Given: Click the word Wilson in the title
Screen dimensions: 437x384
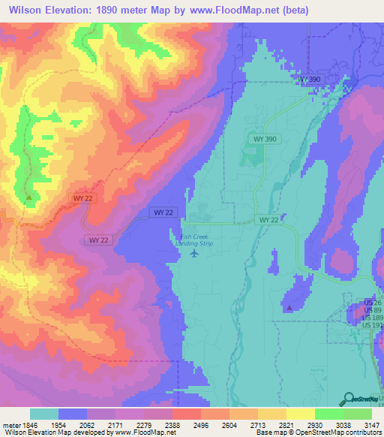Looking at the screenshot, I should pos(25,10).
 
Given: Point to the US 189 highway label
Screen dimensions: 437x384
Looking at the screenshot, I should pos(372,317).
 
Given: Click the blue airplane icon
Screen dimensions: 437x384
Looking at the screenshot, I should pos(195,253).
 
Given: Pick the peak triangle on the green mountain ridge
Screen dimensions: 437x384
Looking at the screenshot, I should pos(28,197).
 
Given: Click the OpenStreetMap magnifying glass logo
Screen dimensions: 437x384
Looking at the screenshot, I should pos(349,398).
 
